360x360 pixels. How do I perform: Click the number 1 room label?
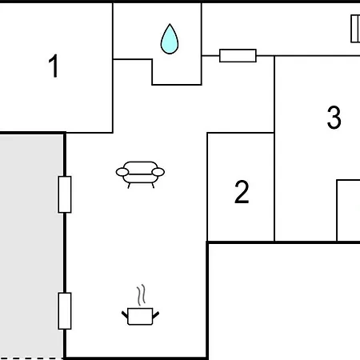54,66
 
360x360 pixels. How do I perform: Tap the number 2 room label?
242,192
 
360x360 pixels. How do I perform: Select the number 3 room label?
334,118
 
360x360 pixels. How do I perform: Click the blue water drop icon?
170,39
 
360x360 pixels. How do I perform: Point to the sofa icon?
140,174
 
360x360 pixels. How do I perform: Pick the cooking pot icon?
140,316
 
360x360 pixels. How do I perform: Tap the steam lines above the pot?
142,295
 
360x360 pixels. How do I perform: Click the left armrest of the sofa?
122,172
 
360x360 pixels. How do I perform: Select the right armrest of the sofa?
158,172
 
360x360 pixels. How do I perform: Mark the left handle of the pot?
125,314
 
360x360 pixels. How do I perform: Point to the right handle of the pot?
156,314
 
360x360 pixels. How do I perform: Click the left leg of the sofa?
129,186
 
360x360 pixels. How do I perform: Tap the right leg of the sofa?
153,186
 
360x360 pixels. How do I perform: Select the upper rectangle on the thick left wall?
65,194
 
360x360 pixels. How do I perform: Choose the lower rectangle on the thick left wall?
65,311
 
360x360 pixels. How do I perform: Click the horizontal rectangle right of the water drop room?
238,55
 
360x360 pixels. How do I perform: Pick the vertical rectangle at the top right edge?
355,29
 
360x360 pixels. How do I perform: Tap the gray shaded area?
31,246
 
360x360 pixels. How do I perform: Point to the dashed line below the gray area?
31,358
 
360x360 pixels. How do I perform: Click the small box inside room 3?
349,210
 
